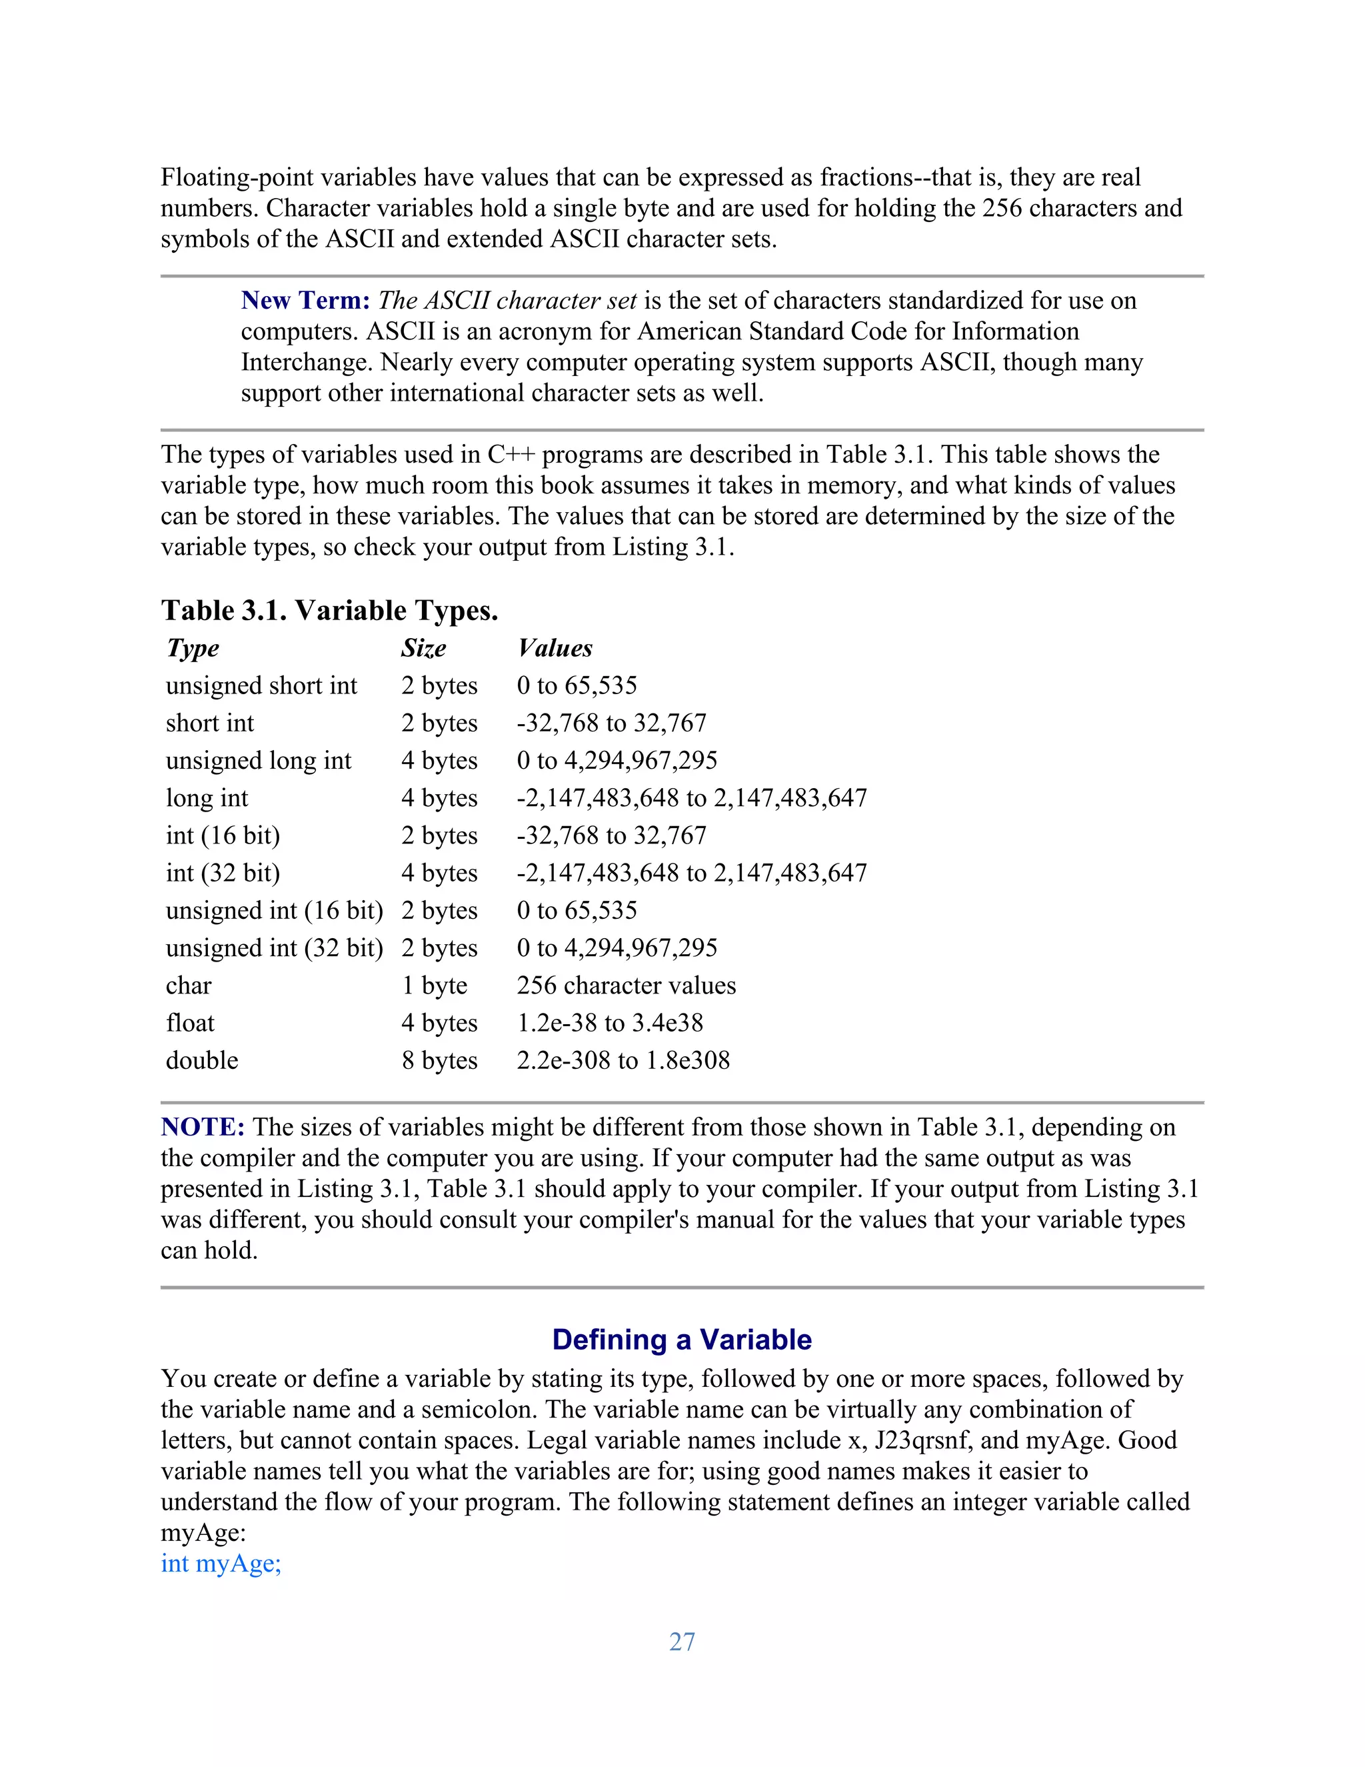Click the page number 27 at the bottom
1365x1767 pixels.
coord(682,1642)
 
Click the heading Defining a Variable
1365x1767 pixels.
coord(682,1340)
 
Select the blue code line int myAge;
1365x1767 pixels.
coord(221,1563)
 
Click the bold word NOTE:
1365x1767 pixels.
coord(203,1127)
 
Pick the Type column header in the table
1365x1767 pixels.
coord(193,648)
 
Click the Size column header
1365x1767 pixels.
coord(424,648)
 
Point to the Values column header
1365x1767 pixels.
coord(556,648)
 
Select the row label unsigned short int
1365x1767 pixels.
coord(261,685)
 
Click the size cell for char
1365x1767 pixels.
coord(435,986)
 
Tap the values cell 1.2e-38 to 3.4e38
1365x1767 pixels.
coord(610,1023)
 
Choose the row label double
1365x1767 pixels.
coord(202,1060)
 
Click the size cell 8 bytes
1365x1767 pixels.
coord(439,1060)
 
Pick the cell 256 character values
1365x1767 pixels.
coord(627,986)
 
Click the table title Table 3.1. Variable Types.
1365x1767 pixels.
coord(329,610)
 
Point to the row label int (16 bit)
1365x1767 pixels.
coord(223,835)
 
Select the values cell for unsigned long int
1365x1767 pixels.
coord(617,761)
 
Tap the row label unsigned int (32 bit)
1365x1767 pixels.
coord(274,948)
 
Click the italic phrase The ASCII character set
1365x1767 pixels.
coord(507,300)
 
